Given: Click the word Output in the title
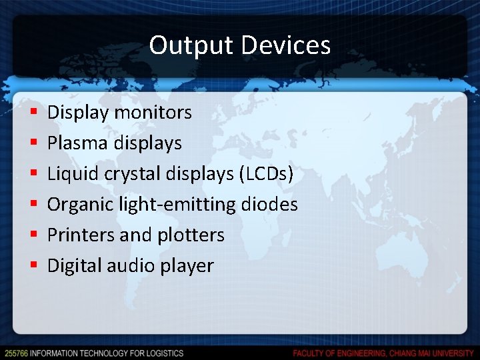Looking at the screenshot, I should pos(191,45).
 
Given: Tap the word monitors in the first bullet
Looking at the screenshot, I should pos(153,112).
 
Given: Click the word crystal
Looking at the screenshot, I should pos(128,173).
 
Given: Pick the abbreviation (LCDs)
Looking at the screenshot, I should pos(265,173).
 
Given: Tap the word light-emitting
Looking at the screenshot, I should pos(178,204).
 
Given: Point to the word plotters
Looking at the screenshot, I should pos(191,235).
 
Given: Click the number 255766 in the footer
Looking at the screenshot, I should pos(16,353).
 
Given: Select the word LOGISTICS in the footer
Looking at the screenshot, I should pos(163,353).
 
